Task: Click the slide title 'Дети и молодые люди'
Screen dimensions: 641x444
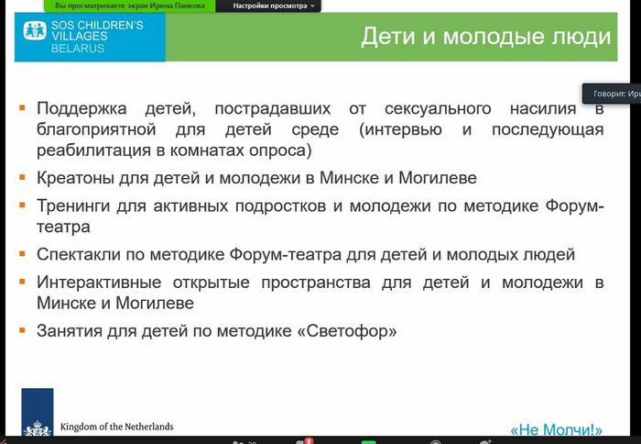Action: point(485,37)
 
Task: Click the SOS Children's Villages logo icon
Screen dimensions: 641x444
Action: point(35,30)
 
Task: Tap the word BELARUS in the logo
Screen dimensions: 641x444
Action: point(78,49)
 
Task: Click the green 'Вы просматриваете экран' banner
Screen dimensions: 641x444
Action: point(130,6)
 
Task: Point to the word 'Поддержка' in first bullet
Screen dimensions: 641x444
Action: point(81,109)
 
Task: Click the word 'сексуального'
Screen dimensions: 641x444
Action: point(438,108)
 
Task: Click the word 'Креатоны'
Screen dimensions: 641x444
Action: point(75,178)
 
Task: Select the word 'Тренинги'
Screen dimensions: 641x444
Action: point(73,206)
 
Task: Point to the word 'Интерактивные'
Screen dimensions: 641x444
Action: point(99,283)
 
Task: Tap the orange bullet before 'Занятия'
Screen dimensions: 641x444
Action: point(22,329)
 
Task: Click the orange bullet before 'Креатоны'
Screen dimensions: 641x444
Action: point(22,177)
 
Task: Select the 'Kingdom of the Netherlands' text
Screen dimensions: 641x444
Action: point(117,427)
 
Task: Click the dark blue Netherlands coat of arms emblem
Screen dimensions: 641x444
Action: point(38,413)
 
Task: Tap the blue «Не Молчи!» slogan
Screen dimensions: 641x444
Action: point(557,429)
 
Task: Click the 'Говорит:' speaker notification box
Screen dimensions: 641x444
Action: point(612,94)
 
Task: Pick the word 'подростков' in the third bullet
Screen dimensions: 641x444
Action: point(280,206)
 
